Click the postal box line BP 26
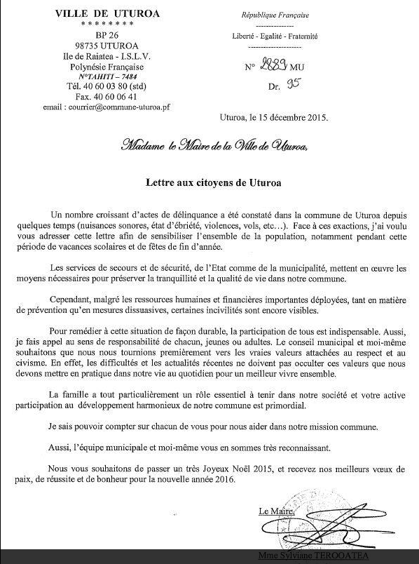click(97, 35)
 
